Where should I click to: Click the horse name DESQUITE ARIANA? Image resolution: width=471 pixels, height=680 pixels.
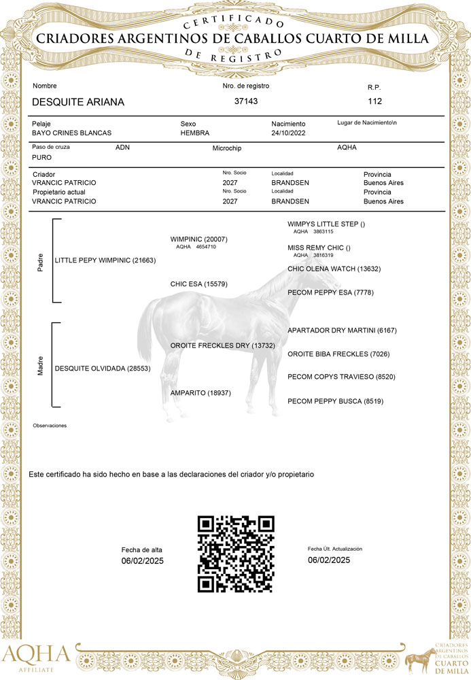pyautogui.click(x=78, y=102)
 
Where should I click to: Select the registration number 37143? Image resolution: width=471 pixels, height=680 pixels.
pyautogui.click(x=245, y=101)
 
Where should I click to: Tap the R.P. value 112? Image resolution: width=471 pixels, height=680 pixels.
pyautogui.click(x=374, y=101)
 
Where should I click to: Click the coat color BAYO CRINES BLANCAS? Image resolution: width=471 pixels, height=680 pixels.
pyautogui.click(x=72, y=133)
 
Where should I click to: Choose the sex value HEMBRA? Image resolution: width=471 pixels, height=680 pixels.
pyautogui.click(x=195, y=133)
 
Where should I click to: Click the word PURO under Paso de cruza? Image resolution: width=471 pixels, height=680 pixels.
pyautogui.click(x=41, y=157)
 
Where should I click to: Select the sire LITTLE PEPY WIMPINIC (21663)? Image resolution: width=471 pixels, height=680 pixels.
pyautogui.click(x=105, y=260)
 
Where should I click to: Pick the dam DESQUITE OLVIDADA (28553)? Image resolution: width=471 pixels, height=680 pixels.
pyautogui.click(x=103, y=369)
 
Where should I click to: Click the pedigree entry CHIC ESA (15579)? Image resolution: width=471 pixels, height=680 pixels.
pyautogui.click(x=198, y=284)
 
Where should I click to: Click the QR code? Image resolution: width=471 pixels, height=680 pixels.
pyautogui.click(x=235, y=554)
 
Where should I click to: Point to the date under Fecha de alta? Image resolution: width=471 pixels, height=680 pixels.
pyautogui.click(x=143, y=561)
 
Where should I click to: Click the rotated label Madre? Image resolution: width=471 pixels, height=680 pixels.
pyautogui.click(x=40, y=369)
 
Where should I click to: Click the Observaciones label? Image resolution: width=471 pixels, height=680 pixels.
pyautogui.click(x=50, y=426)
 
